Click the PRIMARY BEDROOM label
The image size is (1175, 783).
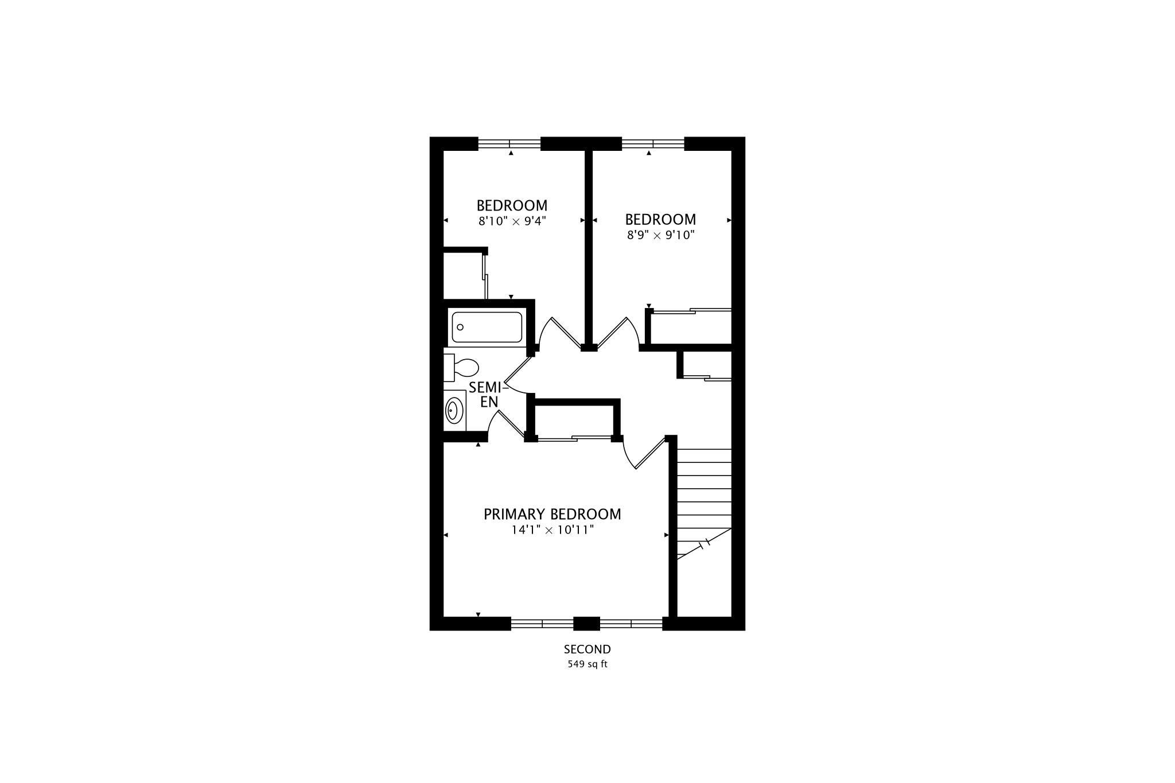click(552, 514)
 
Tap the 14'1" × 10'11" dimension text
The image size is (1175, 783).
click(552, 530)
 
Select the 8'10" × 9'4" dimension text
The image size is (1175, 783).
click(512, 221)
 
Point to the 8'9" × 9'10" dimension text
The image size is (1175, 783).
click(660, 235)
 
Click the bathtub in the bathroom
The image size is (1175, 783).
click(487, 327)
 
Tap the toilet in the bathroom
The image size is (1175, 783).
click(461, 367)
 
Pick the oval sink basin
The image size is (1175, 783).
click(454, 411)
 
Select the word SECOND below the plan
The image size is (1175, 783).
click(587, 649)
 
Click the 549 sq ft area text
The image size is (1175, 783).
click(587, 665)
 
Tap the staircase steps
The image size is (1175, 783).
click(704, 504)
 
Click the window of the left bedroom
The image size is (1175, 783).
click(509, 143)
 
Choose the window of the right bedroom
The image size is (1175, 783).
click(653, 143)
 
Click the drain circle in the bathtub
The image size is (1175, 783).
click(460, 327)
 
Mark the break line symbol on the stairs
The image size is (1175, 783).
click(705, 543)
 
